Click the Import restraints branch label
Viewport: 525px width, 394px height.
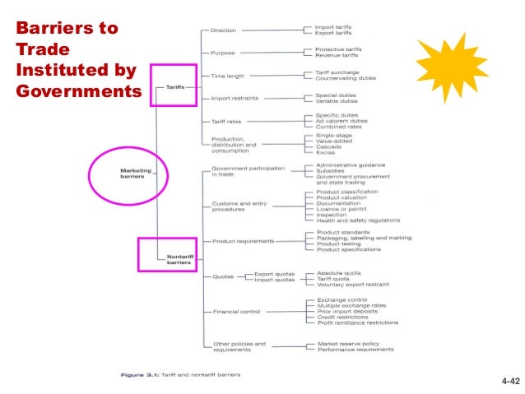(x=235, y=98)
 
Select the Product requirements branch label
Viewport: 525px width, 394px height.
(x=244, y=241)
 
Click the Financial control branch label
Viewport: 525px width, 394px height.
(x=237, y=312)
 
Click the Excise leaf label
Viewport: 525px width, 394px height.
(x=326, y=153)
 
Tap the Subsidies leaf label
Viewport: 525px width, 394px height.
(x=333, y=171)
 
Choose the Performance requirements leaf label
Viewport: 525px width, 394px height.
(x=355, y=350)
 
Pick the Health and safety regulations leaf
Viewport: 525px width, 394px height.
(x=358, y=220)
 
